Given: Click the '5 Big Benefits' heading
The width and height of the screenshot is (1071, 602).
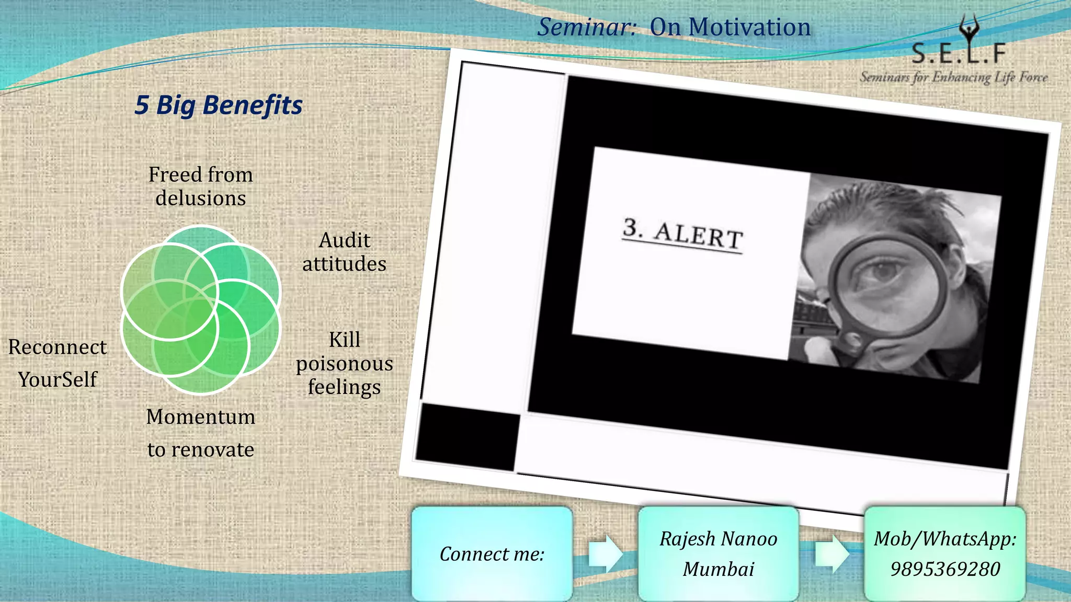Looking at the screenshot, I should click(219, 105).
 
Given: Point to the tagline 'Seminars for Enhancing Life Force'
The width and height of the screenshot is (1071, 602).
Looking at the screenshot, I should click(954, 77).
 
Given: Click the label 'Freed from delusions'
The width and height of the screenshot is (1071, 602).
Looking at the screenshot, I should click(201, 186).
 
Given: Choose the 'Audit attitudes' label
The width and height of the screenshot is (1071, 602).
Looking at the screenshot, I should click(344, 252).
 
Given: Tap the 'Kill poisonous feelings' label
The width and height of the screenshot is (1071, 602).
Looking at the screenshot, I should click(344, 363).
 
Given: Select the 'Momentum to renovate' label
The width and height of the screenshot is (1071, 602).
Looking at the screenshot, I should click(201, 433).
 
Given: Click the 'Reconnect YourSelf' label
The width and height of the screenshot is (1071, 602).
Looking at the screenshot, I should click(58, 363).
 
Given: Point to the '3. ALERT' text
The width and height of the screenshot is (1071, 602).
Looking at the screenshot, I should click(683, 234).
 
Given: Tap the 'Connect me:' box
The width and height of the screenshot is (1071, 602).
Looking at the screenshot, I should click(492, 554).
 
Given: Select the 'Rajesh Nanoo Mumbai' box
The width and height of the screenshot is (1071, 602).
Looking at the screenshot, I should click(719, 554).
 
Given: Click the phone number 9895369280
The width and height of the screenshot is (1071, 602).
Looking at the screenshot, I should click(945, 569).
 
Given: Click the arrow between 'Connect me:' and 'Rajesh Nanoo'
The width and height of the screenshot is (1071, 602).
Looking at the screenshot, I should click(605, 553).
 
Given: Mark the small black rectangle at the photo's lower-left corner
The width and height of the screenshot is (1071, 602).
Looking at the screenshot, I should click(467, 436).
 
